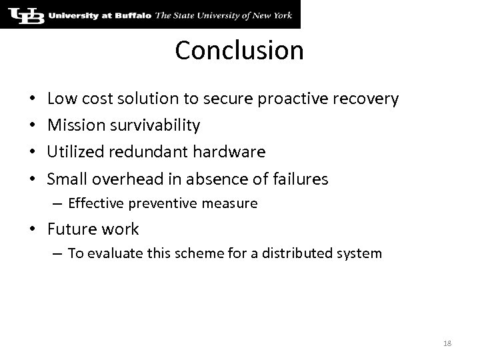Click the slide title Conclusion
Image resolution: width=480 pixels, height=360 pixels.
[x=239, y=51]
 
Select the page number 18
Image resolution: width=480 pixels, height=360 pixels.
[x=447, y=343]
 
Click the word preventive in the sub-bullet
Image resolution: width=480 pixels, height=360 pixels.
[x=151, y=203]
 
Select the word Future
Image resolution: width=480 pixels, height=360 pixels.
[x=71, y=229]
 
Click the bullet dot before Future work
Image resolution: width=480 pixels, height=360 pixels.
[x=36, y=230]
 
